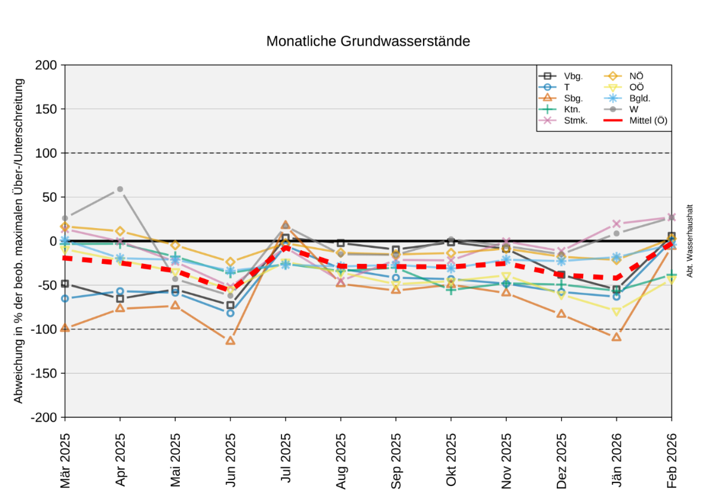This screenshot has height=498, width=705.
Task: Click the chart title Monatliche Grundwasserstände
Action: pos(368,42)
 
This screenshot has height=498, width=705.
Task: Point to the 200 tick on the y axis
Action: pos(48,65)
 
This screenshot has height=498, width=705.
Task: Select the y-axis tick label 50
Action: pos(51,197)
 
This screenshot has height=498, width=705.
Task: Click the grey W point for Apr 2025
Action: pos(120,189)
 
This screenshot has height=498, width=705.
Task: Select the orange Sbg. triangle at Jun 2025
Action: pos(231,340)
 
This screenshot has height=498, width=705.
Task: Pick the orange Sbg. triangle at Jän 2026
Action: pos(617,337)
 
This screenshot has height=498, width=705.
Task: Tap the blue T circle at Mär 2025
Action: pos(65,299)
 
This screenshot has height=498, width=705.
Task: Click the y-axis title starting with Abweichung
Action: pos(19,241)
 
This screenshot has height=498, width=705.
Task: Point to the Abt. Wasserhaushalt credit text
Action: pos(689,241)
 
